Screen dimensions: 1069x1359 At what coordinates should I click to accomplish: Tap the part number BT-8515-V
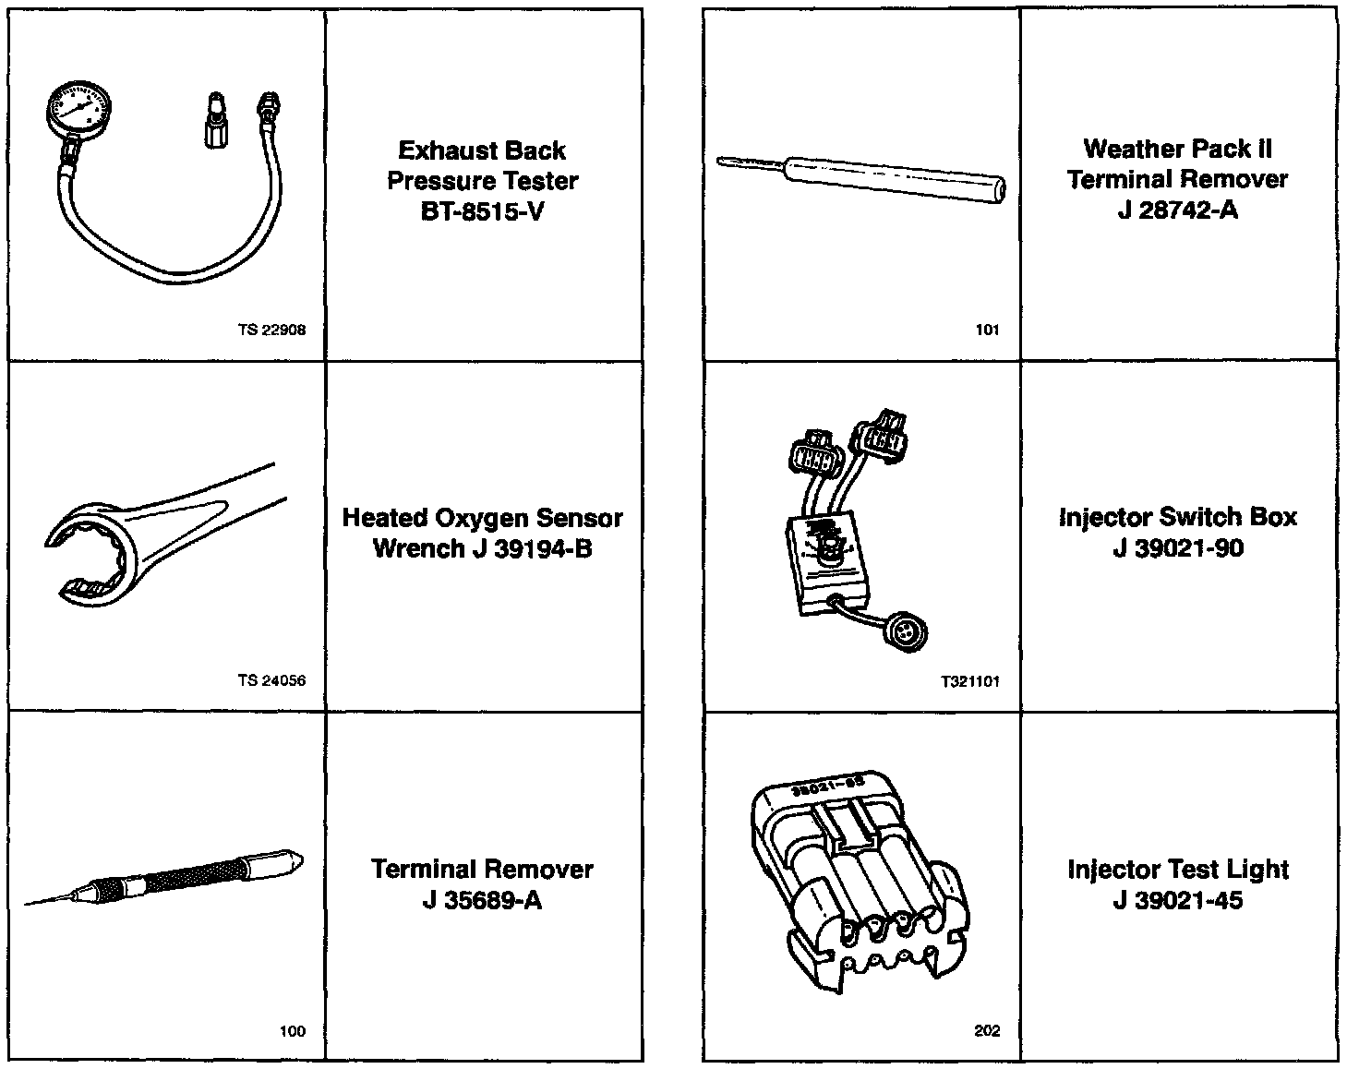pos(482,211)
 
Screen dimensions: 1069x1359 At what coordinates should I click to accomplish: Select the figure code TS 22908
pos(271,330)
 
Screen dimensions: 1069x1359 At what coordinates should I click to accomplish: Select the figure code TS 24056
pos(271,680)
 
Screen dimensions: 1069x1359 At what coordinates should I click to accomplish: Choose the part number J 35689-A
pos(482,900)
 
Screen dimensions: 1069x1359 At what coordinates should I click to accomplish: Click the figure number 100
pos(292,1031)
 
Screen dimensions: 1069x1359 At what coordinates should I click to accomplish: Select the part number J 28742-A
pos(1177,210)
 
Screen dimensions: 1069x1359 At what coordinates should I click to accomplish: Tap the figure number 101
pos(987,330)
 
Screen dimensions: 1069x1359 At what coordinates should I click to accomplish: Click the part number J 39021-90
pos(1177,548)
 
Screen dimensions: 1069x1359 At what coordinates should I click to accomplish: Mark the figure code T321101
pos(970,681)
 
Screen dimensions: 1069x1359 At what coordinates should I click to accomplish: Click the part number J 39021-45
pos(1177,900)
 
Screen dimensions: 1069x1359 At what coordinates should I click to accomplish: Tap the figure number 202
pos(987,1031)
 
